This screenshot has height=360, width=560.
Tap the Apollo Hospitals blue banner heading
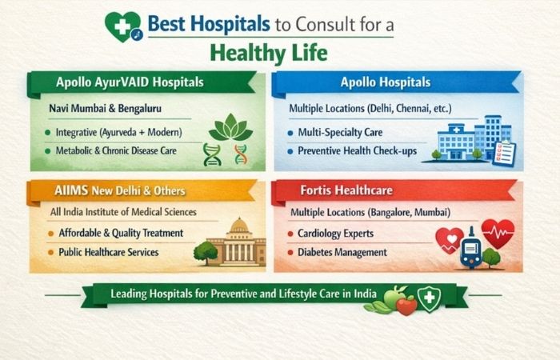tap(386, 82)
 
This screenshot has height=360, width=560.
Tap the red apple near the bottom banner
tap(406, 305)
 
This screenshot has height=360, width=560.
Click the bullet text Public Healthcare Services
tap(109, 252)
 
